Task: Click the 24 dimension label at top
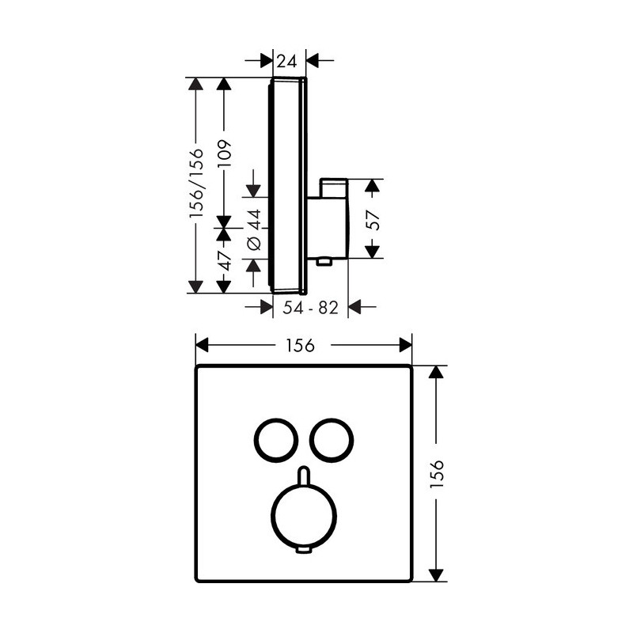click(287, 62)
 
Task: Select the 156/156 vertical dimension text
click(196, 184)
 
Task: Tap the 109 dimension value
click(224, 154)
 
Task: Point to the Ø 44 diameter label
click(255, 229)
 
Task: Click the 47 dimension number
click(224, 261)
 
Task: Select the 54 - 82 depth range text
click(310, 308)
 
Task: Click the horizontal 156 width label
click(301, 346)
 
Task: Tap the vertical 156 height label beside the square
click(437, 473)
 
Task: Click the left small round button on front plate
click(276, 441)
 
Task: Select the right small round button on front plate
click(332, 441)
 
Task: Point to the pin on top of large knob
click(304, 475)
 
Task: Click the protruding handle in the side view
click(328, 218)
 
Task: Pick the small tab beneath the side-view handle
click(324, 263)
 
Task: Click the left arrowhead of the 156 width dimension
click(202, 346)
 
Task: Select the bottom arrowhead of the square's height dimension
click(436, 575)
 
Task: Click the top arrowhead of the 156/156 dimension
click(195, 84)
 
